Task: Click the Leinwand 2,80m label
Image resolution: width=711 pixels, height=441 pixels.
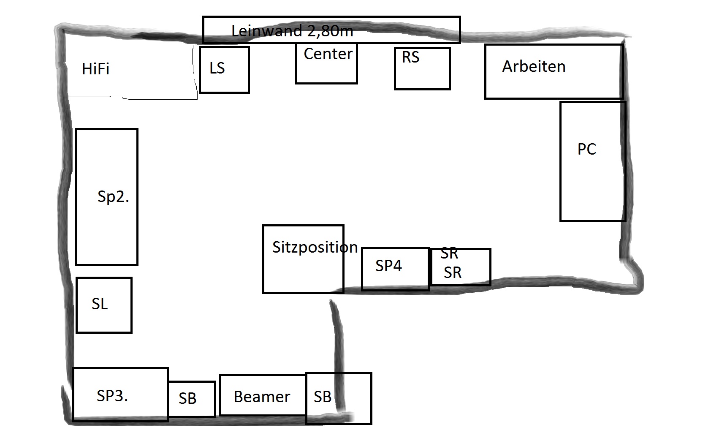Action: pos(292,31)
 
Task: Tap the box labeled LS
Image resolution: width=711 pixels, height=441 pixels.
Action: pos(225,70)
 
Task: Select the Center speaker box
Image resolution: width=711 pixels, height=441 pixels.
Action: pos(327,63)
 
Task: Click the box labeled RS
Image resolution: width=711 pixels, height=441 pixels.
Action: pos(422,68)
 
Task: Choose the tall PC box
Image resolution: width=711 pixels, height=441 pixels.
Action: pos(593,161)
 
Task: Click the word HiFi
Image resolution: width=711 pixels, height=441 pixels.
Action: pos(95,69)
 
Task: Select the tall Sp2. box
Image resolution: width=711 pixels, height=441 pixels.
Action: pos(107,197)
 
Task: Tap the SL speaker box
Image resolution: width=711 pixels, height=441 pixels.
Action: pos(104,305)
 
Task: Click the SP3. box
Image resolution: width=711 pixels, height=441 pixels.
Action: pos(120,395)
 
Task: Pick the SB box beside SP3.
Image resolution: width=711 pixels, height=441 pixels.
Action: pos(192,399)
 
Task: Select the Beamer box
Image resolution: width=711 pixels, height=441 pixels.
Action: pos(263,395)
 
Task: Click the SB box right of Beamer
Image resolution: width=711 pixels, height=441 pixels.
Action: pos(339,398)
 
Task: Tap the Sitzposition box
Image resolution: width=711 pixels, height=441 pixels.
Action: pos(304,259)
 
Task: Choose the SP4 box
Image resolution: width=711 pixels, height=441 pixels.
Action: pos(396,269)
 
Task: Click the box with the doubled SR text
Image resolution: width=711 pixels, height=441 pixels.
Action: pos(461,267)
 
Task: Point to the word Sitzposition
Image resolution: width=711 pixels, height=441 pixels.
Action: pos(315,248)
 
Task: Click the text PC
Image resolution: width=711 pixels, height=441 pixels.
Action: pos(587,149)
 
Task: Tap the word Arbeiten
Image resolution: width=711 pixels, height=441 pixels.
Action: pos(534,66)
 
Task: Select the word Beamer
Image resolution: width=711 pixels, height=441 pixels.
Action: pos(262,397)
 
